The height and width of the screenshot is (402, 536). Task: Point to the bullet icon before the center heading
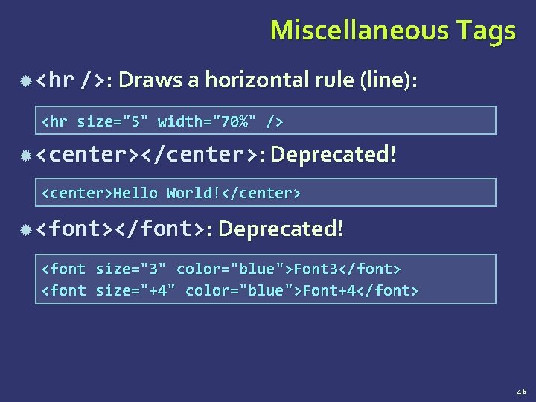26,156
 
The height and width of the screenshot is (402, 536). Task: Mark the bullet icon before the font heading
26,229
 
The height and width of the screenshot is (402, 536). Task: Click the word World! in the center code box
194,194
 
